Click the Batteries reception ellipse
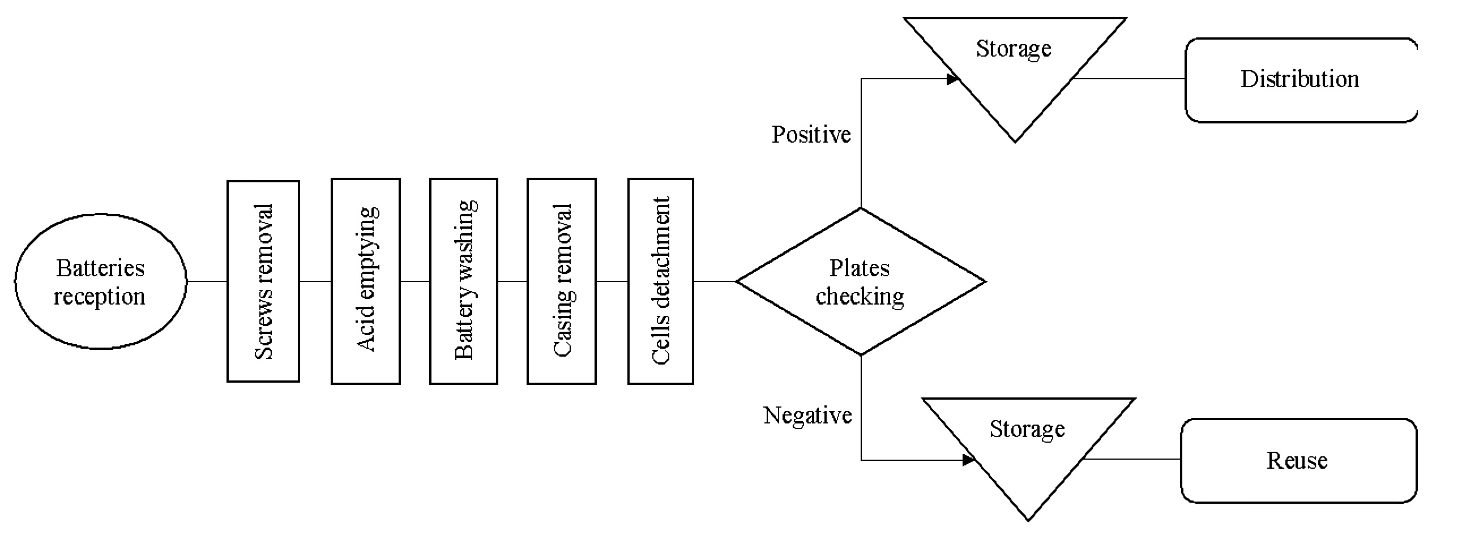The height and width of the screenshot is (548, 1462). (x=100, y=281)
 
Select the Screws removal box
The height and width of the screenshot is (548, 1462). (x=263, y=281)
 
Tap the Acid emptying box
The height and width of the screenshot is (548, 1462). (x=366, y=281)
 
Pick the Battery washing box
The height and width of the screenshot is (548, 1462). (x=464, y=281)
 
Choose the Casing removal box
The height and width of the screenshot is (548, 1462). (x=561, y=281)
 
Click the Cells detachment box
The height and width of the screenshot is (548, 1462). (x=661, y=281)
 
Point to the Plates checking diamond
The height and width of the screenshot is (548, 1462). (x=861, y=281)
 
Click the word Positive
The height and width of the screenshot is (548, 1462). (x=811, y=135)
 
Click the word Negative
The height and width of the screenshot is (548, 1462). (x=807, y=416)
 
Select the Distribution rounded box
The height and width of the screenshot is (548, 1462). (x=1300, y=80)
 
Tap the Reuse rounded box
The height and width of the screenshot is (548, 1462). (x=1298, y=461)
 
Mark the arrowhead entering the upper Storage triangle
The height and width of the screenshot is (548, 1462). (x=953, y=79)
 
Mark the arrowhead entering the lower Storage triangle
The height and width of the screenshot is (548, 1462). (x=969, y=460)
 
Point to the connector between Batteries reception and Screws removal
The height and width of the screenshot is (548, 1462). (x=207, y=281)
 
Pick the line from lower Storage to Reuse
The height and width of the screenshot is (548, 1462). (x=1132, y=460)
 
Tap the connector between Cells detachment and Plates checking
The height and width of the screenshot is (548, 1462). (x=715, y=281)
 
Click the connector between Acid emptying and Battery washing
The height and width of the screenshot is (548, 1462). (x=415, y=281)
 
